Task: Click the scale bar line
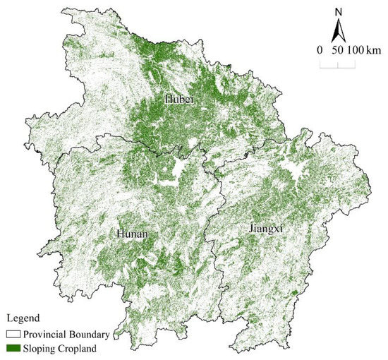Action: tap(337, 65)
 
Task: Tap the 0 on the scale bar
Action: tap(322, 51)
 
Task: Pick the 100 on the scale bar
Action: tap(354, 51)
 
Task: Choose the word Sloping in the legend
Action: tap(40, 347)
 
